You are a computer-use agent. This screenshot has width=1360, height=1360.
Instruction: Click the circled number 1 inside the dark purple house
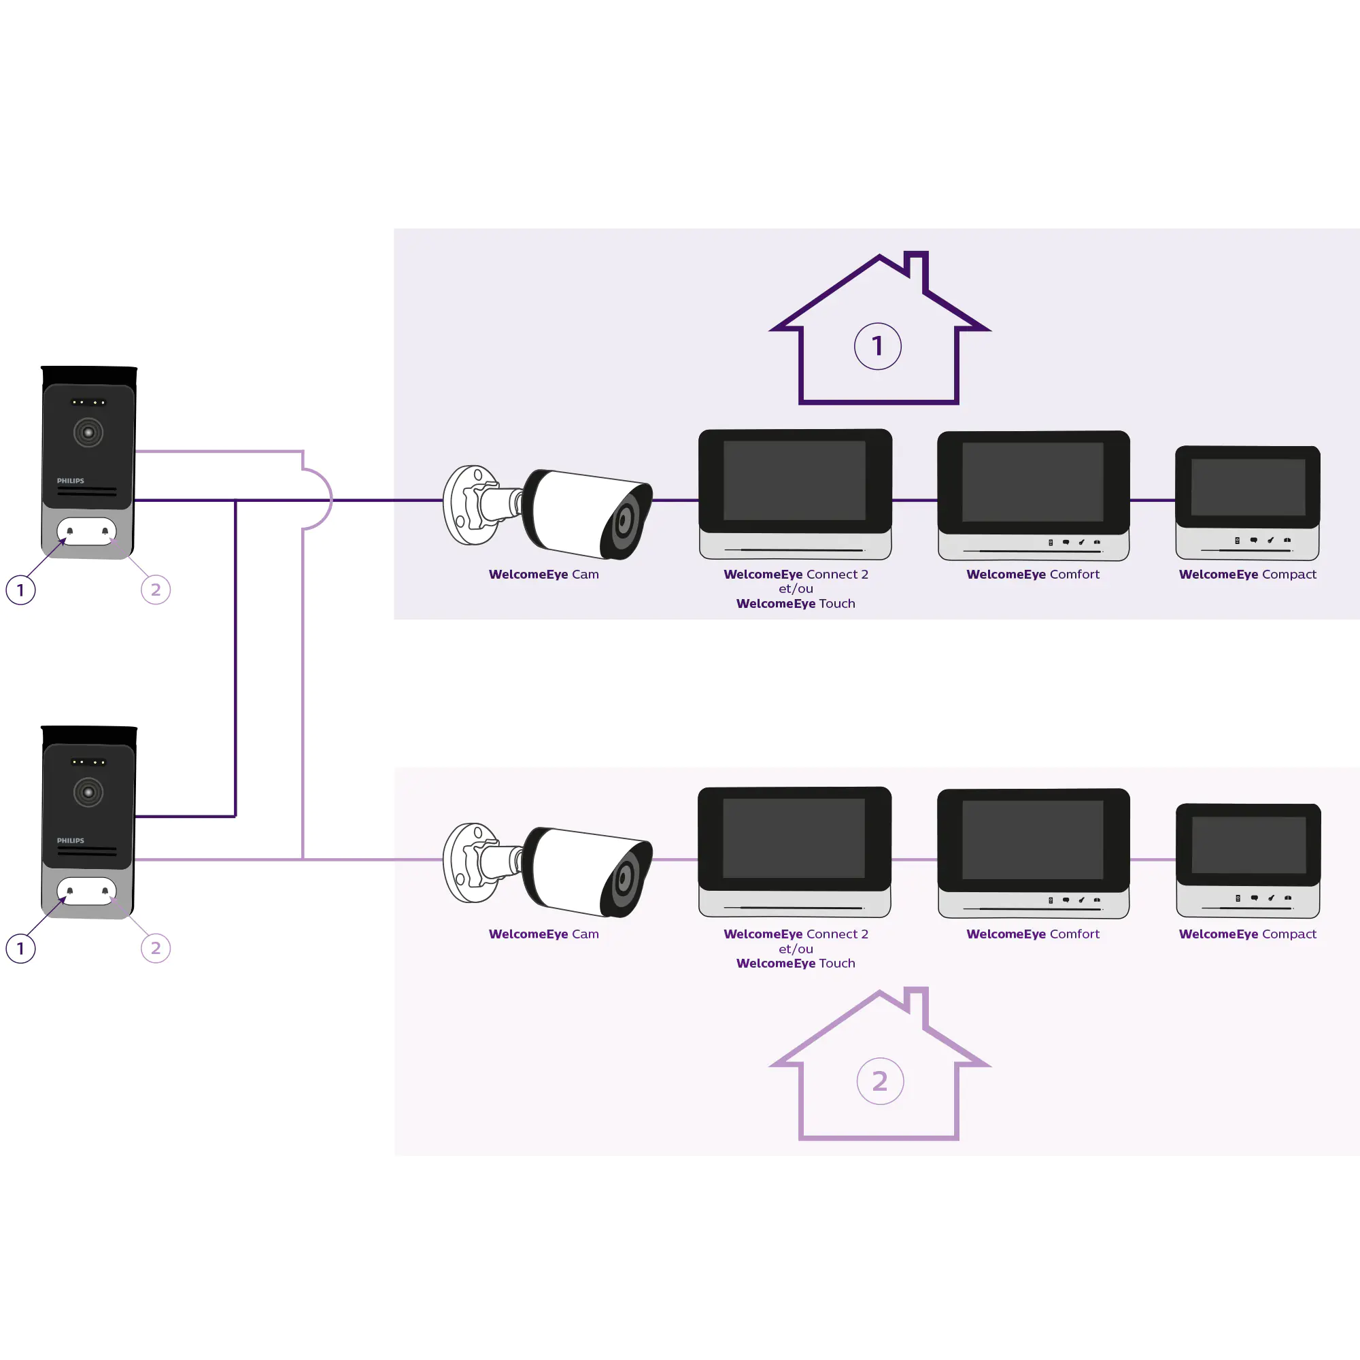(x=877, y=346)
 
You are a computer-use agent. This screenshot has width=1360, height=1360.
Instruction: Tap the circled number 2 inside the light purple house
(x=880, y=1081)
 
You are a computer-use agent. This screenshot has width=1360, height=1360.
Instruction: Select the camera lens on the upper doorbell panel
(x=88, y=432)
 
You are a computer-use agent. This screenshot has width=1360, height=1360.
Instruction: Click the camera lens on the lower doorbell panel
(x=88, y=792)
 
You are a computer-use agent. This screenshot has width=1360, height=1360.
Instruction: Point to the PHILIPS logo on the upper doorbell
(x=71, y=481)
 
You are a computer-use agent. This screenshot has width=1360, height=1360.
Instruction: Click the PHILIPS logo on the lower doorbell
(x=71, y=840)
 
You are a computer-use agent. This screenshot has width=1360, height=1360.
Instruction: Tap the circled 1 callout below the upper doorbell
(x=20, y=590)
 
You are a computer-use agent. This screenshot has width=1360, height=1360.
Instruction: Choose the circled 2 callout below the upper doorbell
(x=156, y=590)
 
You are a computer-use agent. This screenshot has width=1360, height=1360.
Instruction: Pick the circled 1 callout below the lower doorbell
(x=20, y=948)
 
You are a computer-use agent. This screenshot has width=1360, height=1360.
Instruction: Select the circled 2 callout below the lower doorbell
(x=156, y=948)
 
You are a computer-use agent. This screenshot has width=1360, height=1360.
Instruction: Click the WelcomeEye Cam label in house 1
(x=543, y=575)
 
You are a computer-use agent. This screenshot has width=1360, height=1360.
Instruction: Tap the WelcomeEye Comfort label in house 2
(x=1033, y=934)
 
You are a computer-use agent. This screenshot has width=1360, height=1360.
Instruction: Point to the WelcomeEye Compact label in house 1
(x=1247, y=575)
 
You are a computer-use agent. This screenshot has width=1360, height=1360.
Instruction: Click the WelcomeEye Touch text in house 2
(x=796, y=963)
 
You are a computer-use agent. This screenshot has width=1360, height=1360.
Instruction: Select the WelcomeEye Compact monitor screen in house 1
(x=1247, y=486)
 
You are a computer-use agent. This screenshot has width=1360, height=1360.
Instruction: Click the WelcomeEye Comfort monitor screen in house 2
(x=1033, y=839)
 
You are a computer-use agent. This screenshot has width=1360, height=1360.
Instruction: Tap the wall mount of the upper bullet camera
(x=469, y=505)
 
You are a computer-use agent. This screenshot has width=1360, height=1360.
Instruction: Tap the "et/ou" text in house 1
(x=796, y=588)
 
